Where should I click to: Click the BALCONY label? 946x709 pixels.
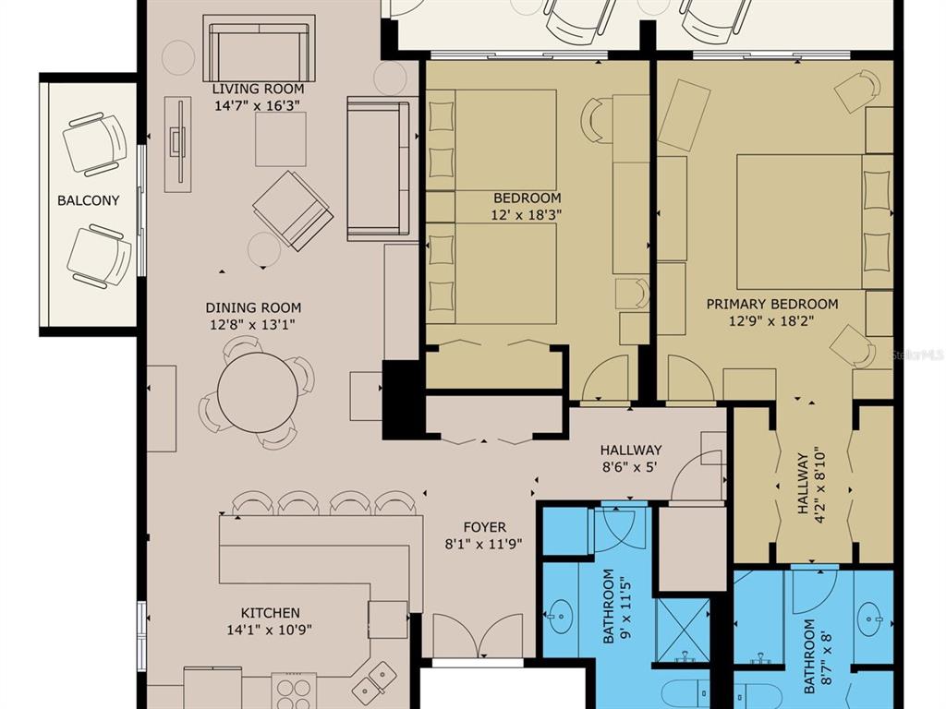click(88, 200)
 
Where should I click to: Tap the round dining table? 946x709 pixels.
click(257, 392)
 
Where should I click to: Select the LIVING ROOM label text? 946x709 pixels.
click(258, 89)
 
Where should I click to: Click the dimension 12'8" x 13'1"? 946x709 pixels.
click(253, 324)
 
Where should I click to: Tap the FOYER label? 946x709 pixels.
click(484, 527)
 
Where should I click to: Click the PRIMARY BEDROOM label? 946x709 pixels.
click(772, 304)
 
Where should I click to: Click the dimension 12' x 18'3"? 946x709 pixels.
click(526, 214)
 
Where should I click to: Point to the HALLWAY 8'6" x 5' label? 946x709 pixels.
click(630, 458)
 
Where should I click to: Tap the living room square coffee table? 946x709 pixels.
click(281, 139)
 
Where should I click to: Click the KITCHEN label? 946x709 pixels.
click(271, 613)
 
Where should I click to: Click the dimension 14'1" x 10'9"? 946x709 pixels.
click(270, 630)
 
